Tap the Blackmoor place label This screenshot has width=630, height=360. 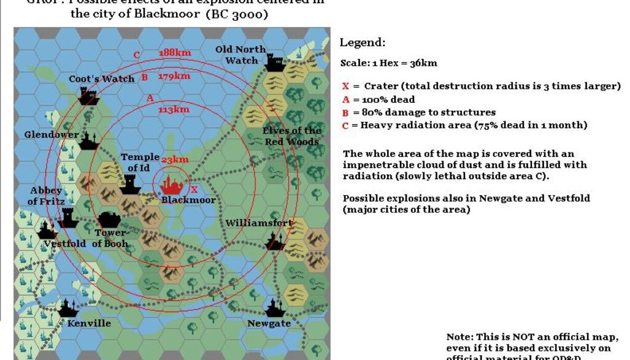tap(188, 199)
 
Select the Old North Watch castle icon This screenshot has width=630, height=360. tap(275, 62)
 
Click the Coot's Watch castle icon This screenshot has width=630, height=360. tap(89, 95)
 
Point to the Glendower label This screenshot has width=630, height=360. tap(52, 135)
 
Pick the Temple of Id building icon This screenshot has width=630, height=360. tap(130, 183)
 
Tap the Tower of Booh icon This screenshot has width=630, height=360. tap(110, 220)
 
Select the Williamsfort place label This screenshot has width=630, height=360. tap(259, 222)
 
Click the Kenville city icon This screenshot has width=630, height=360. tap(68, 307)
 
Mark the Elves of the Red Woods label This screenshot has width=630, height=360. tap(292, 136)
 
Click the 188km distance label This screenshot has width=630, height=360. tap(174, 53)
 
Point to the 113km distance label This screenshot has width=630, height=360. tap(173, 110)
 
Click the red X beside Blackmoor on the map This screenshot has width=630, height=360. tap(194, 190)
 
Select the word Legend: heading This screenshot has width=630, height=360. tap(362, 43)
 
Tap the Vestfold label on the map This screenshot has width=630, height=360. tap(65, 243)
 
